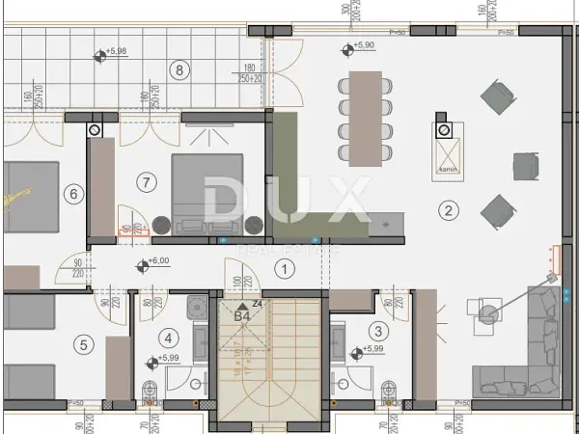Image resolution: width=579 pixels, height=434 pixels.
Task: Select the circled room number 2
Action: coord(447,208)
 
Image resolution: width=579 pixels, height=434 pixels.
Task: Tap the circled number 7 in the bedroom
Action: coord(146,180)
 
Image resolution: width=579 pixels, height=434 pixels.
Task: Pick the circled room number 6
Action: coord(71,194)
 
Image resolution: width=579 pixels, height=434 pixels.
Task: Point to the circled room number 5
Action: coord(84,343)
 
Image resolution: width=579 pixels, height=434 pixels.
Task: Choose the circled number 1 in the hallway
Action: coord(284,269)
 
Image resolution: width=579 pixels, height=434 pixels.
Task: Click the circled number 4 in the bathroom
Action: coord(170,338)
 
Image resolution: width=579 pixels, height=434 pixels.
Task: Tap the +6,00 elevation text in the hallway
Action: coord(156,260)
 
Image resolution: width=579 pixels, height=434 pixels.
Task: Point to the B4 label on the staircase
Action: coord(241,312)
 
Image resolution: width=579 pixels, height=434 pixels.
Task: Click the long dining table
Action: coord(366,117)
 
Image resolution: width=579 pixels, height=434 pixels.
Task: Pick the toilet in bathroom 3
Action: coord(390,391)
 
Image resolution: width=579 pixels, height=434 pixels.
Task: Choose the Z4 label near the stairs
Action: coord(257,303)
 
